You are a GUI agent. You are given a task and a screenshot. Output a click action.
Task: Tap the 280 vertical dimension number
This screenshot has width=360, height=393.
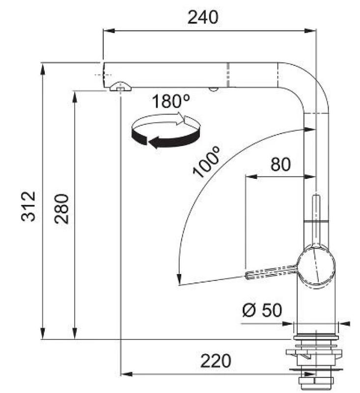click(61, 209)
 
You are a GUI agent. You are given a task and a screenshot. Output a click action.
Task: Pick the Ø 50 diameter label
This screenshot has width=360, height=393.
click(262, 310)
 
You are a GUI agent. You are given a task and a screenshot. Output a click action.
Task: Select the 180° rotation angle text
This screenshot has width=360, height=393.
click(170, 102)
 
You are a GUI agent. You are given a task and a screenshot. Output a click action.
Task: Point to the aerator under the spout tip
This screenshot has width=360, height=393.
click(120, 87)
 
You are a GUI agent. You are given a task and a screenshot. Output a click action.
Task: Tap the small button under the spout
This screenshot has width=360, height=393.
click(213, 89)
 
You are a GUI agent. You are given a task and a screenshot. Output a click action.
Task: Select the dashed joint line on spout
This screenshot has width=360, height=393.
click(228, 75)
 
